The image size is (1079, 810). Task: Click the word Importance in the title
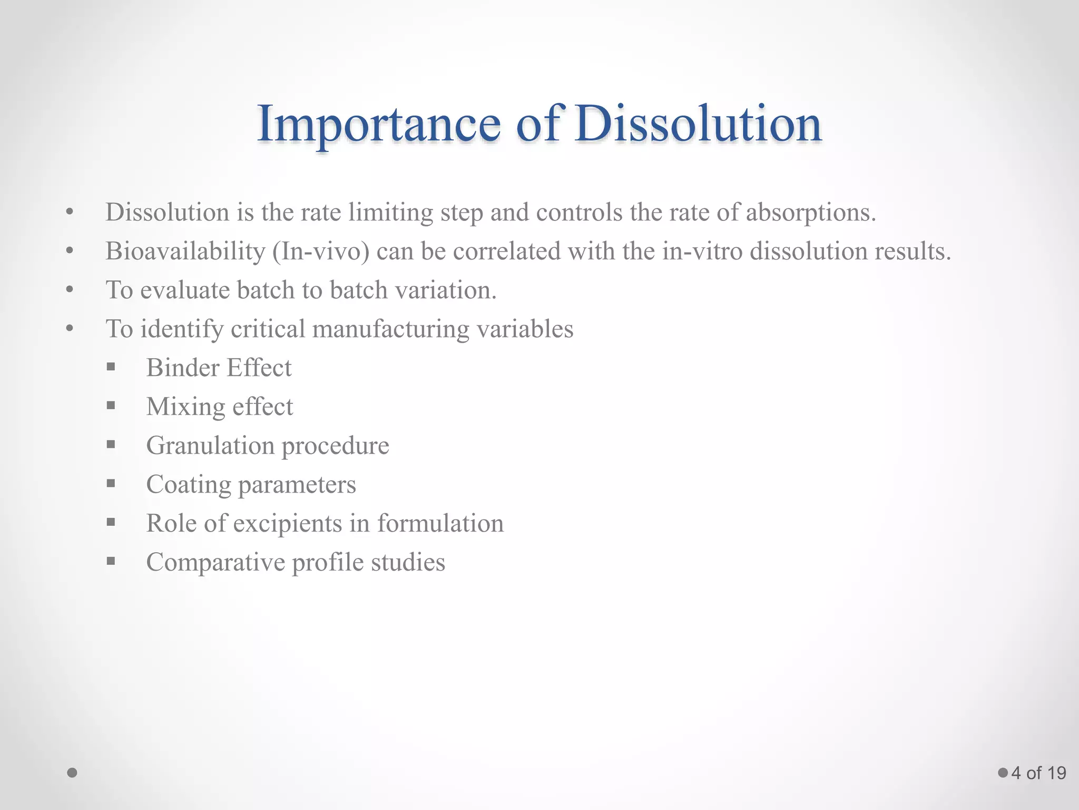click(378, 124)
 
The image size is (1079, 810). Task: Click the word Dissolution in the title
click(698, 124)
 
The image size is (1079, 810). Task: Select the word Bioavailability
click(185, 252)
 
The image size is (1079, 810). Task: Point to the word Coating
click(188, 485)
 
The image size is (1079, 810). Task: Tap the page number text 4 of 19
click(1038, 773)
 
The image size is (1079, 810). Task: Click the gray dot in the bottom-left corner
click(73, 773)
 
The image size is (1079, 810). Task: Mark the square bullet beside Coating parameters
click(111, 484)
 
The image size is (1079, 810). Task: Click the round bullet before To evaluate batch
click(70, 290)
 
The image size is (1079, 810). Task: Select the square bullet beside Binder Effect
click(111, 367)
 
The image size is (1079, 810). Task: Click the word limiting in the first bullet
click(390, 213)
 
